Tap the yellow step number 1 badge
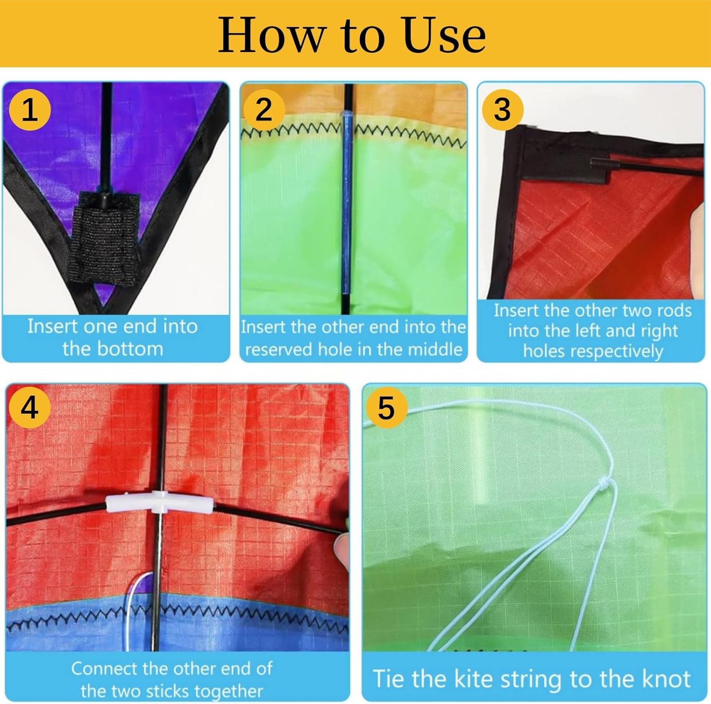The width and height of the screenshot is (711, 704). [x=30, y=110]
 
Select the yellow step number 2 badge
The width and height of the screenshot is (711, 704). [x=264, y=110]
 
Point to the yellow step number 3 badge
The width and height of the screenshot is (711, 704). [x=502, y=110]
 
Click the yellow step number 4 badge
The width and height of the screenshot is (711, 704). [x=29, y=407]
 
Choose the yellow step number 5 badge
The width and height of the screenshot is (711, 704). [x=386, y=407]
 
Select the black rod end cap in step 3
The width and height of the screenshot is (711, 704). [x=599, y=163]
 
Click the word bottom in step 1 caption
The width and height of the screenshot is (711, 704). [x=113, y=349]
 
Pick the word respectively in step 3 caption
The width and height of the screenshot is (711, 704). [x=593, y=352]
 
